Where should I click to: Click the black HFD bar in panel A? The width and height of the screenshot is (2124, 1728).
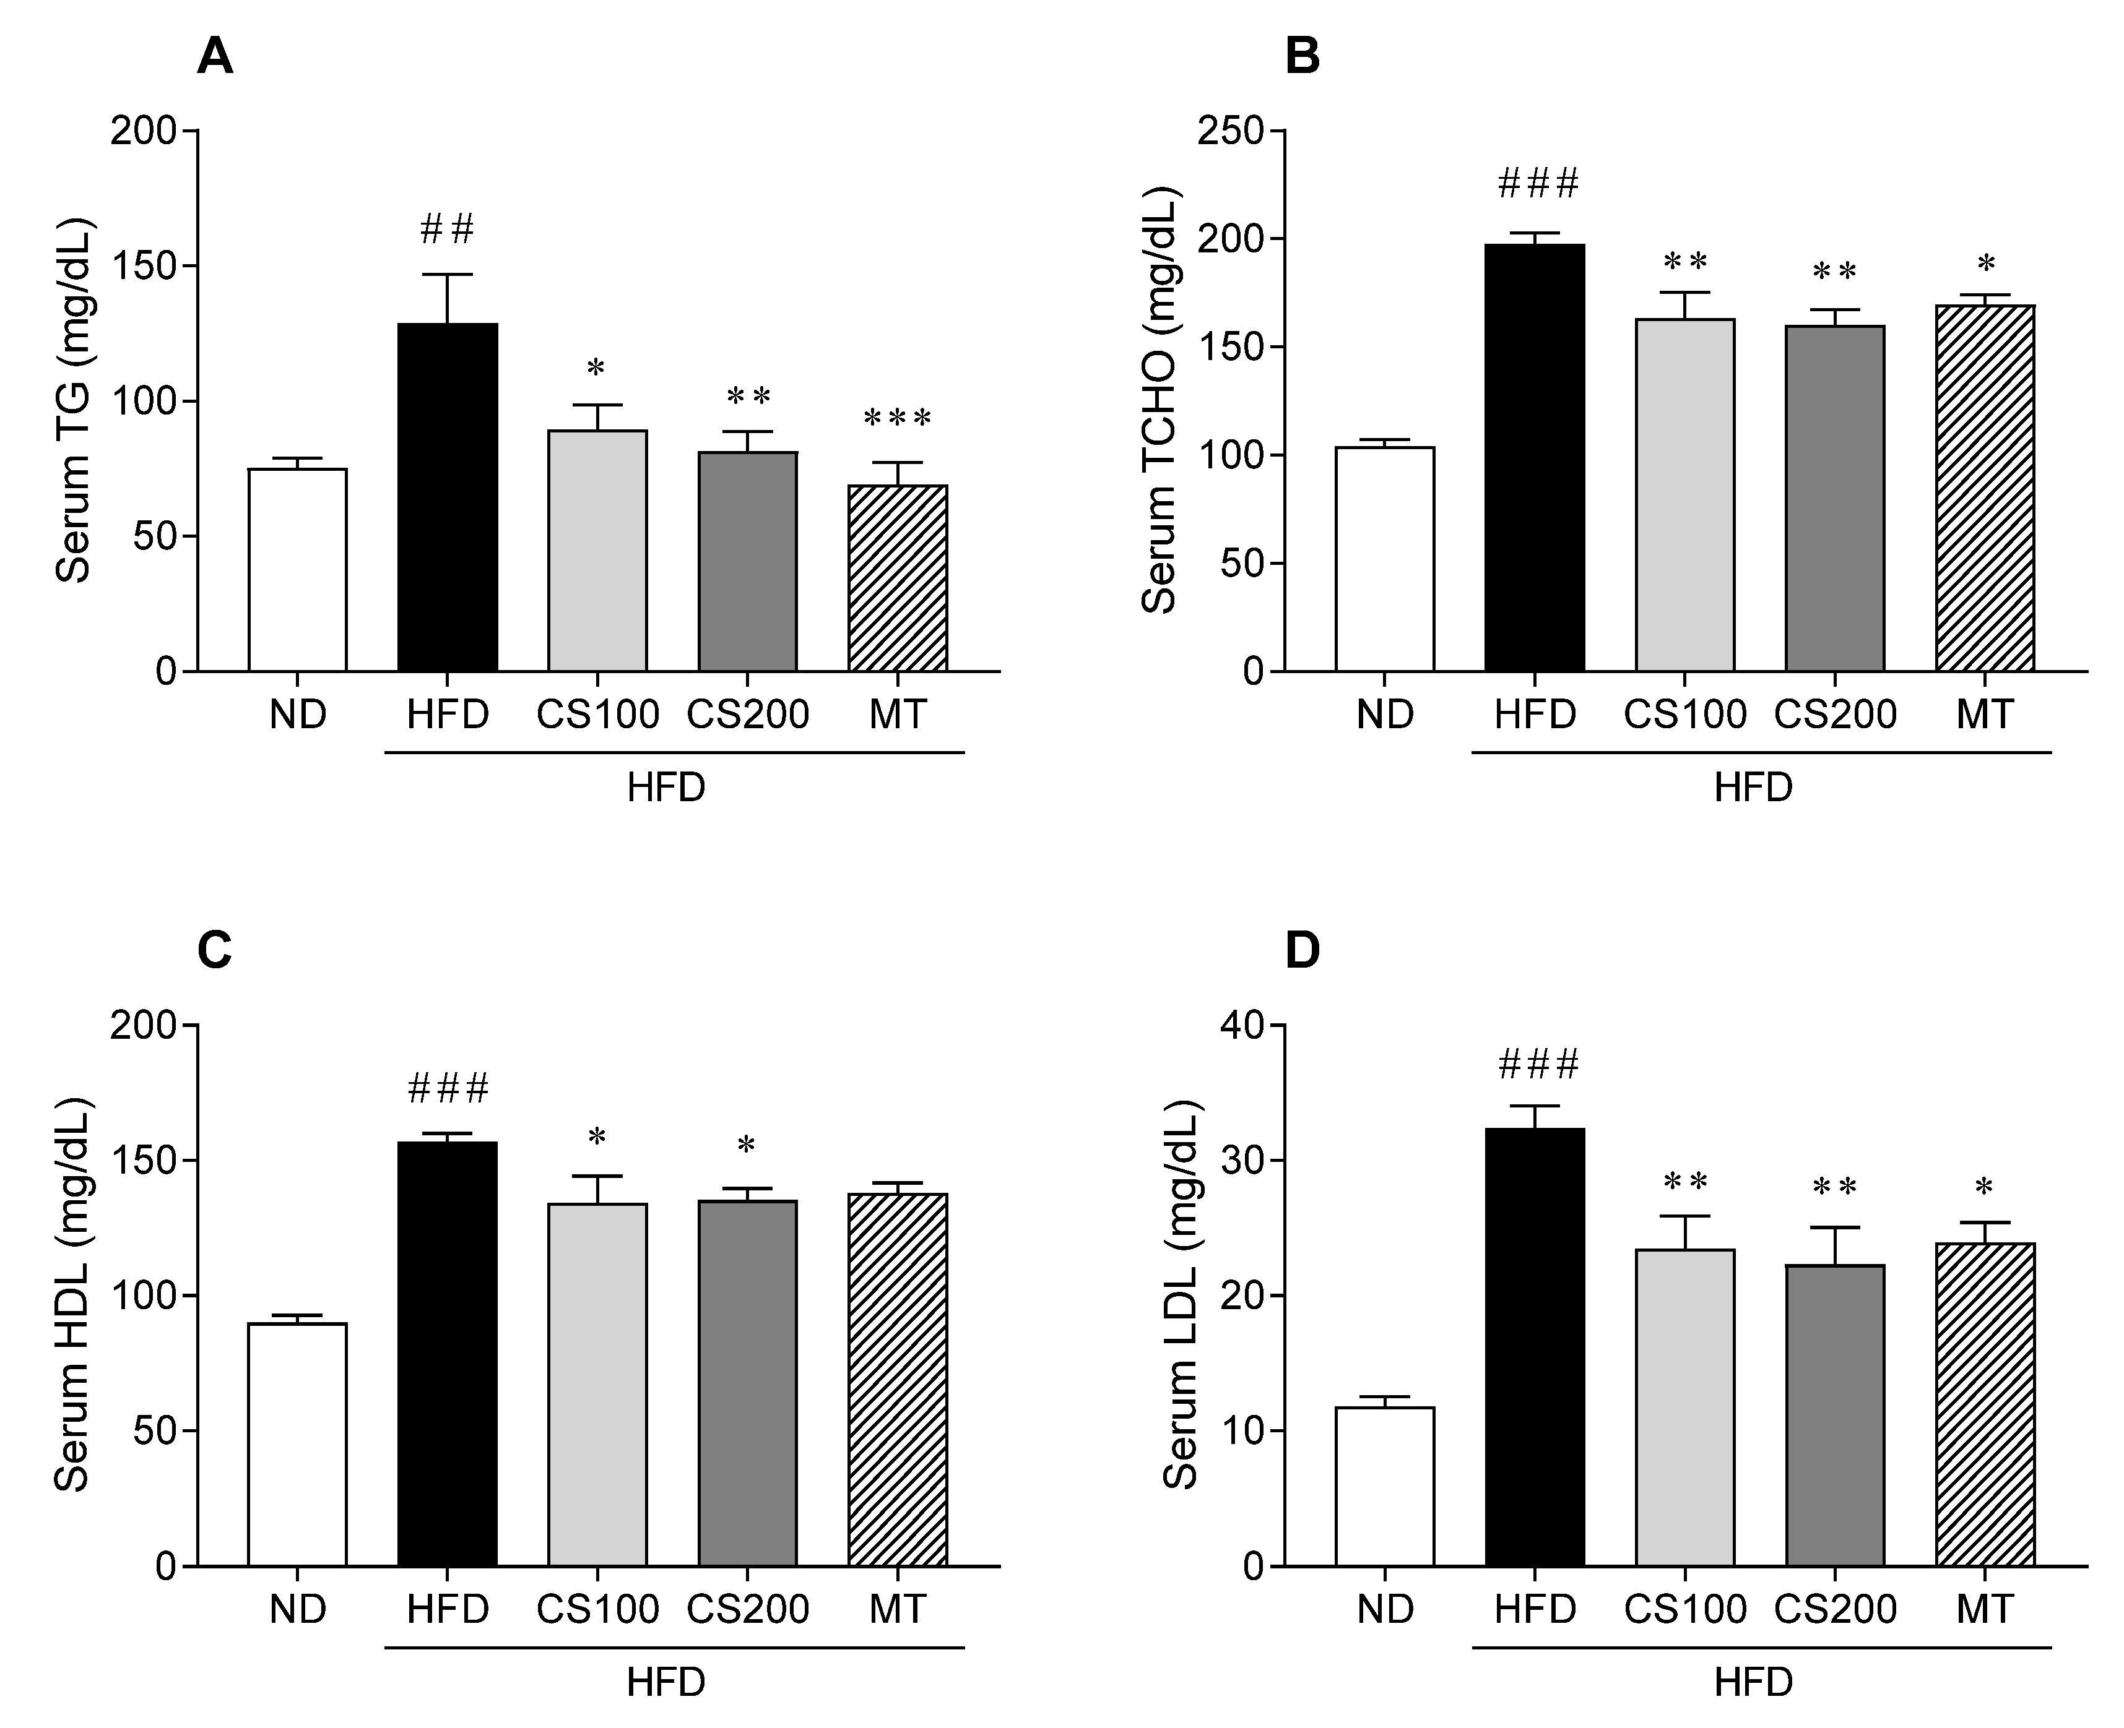pos(447,497)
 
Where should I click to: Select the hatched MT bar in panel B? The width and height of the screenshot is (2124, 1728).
pos(1985,488)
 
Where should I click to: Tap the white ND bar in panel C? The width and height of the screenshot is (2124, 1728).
pos(297,1443)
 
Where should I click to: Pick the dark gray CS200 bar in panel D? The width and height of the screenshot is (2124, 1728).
pos(1834,1414)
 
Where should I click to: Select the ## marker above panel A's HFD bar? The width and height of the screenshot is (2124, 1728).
pos(447,229)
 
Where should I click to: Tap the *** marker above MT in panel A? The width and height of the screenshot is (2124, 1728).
pos(897,419)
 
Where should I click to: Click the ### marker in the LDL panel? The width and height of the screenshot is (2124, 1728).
pos(1538,1065)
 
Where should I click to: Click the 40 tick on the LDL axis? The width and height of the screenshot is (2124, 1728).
pos(1240,1025)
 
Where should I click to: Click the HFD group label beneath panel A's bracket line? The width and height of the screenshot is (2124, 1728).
pos(665,788)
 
